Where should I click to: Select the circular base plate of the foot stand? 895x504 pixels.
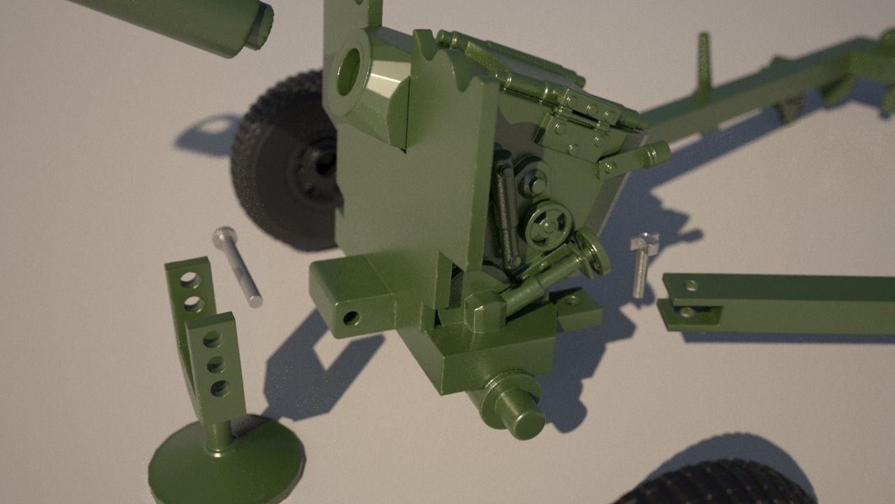pyautogui.click(x=226, y=463)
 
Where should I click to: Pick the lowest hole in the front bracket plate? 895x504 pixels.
pyautogui.click(x=220, y=388)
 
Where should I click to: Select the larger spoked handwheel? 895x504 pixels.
pyautogui.click(x=548, y=225)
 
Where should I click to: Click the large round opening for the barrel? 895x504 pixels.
pyautogui.click(x=348, y=71)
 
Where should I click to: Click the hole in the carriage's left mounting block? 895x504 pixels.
pyautogui.click(x=351, y=318)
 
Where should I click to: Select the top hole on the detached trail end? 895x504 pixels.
pyautogui.click(x=691, y=286)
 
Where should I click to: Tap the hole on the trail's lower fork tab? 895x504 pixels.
pyautogui.click(x=686, y=313)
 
